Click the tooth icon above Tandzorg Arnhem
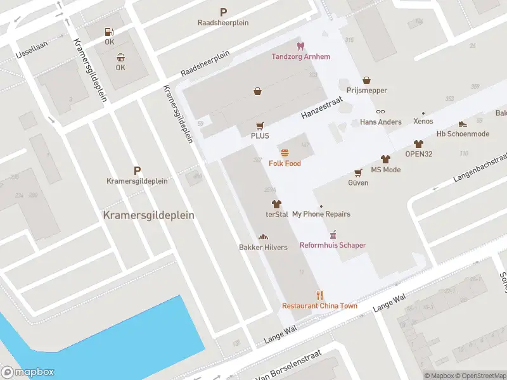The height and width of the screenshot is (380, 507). (x=301, y=46)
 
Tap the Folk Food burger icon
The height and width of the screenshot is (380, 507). (x=285, y=153)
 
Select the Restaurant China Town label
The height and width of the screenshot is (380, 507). (x=319, y=306)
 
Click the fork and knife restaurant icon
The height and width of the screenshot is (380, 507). (x=320, y=295)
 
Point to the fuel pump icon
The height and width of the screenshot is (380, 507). (x=110, y=32)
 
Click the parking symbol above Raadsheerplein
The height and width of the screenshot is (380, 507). (x=223, y=12)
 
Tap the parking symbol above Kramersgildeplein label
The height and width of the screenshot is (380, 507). (x=137, y=170)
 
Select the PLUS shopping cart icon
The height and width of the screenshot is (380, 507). (x=260, y=126)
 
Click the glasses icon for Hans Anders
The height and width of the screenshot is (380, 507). (x=380, y=111)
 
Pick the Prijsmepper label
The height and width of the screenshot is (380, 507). (x=366, y=91)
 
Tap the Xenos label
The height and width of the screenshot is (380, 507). (x=423, y=122)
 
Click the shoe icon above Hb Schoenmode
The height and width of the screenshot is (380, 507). (x=463, y=123)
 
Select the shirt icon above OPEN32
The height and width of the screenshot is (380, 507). (x=418, y=144)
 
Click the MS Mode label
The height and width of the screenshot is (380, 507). (x=385, y=170)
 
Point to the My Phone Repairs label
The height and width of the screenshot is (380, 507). (x=321, y=214)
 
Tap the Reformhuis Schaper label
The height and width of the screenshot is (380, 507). (x=333, y=245)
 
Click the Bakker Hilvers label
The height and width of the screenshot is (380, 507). (x=262, y=247)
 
